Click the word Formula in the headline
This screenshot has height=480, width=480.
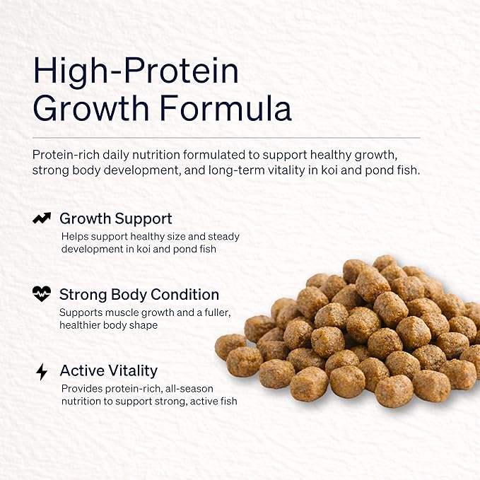tap(226, 108)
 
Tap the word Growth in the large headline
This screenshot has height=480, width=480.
tap(91, 108)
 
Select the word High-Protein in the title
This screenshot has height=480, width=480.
tap(136, 71)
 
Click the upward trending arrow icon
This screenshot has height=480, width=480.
tap(42, 218)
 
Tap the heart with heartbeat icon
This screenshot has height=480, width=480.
tap(42, 293)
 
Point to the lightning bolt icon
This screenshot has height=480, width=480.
tap(42, 372)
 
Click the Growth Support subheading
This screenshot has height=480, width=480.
tap(116, 219)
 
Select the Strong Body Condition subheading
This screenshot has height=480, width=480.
tap(139, 295)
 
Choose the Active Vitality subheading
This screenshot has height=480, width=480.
tap(109, 370)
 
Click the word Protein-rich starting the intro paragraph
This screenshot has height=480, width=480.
tap(66, 155)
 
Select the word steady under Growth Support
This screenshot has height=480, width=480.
tap(223, 237)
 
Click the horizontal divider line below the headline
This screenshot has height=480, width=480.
tap(226, 138)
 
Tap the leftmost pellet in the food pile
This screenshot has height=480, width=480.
tap(230, 347)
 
